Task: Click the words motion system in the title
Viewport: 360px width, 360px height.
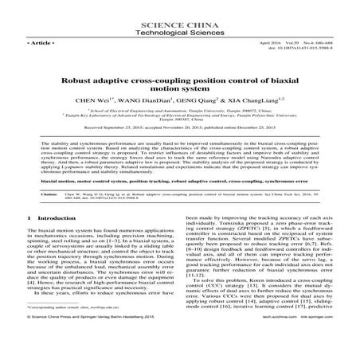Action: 179,91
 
